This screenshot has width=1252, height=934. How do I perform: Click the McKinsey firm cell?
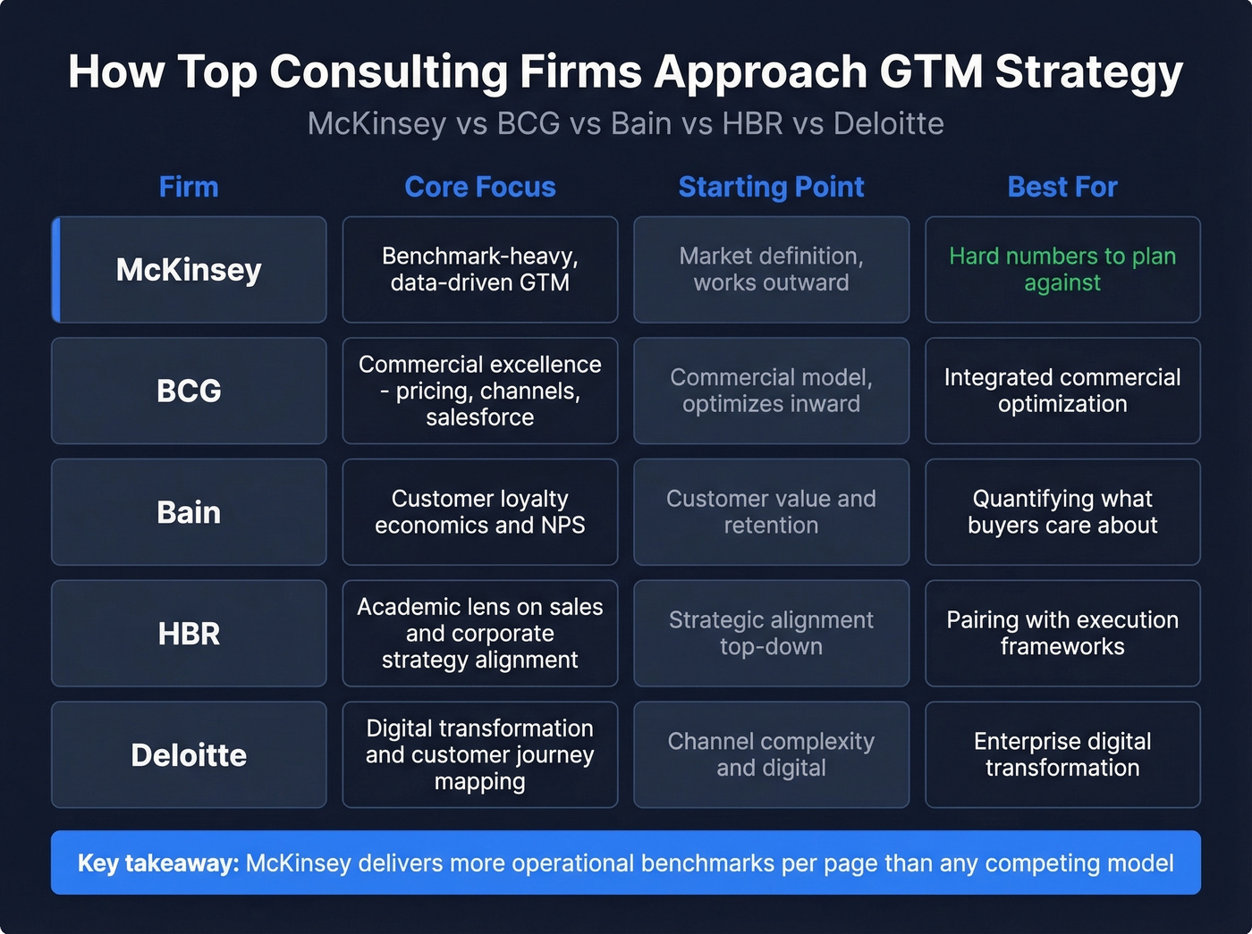pyautogui.click(x=189, y=270)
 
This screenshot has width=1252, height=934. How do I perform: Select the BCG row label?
pyautogui.click(x=189, y=391)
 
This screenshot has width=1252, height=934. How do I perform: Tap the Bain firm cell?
pyautogui.click(x=189, y=512)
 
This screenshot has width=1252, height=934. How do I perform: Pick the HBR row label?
pyautogui.click(x=189, y=634)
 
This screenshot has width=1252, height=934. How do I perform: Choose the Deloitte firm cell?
pyautogui.click(x=189, y=755)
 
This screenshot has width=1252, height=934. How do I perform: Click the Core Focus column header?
pyautogui.click(x=479, y=187)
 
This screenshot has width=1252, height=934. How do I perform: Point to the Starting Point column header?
pyautogui.click(x=771, y=187)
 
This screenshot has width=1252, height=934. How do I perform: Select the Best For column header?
pyautogui.click(x=1062, y=187)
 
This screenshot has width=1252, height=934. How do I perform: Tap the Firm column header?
pyautogui.click(x=189, y=187)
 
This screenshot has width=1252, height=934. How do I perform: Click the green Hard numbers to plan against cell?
pyautogui.click(x=1062, y=270)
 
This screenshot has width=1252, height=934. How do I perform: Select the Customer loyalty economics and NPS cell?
pyautogui.click(x=479, y=512)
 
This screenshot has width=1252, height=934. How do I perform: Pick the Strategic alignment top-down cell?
pyautogui.click(x=771, y=634)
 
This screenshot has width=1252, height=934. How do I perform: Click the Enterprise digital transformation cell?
pyautogui.click(x=1062, y=755)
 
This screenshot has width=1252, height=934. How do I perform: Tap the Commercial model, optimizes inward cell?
pyautogui.click(x=771, y=391)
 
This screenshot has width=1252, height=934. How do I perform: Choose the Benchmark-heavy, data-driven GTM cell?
pyautogui.click(x=479, y=270)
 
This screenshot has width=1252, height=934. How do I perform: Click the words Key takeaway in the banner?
pyautogui.click(x=157, y=863)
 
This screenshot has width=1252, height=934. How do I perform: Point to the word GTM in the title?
pyautogui.click(x=930, y=72)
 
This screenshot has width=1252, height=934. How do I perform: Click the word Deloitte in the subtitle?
pyautogui.click(x=888, y=123)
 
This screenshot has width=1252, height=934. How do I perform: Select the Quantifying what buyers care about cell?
pyautogui.click(x=1062, y=512)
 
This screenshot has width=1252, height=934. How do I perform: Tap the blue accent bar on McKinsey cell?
pyautogui.click(x=56, y=270)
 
